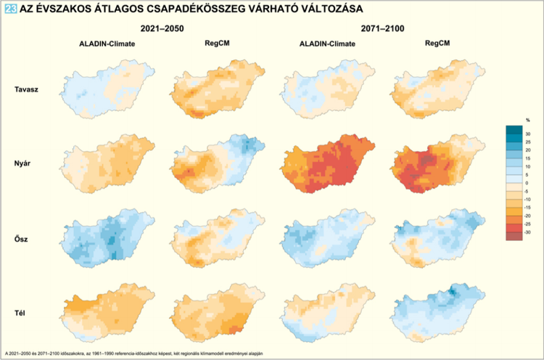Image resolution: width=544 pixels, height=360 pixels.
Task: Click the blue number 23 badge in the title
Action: pos(10,9)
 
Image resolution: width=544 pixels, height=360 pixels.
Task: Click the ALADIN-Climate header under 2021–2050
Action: pos(107,44)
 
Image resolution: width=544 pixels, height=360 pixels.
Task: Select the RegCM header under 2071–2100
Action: pos(435,44)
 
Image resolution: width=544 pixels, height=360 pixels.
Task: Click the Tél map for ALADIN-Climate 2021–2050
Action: pos(109,311)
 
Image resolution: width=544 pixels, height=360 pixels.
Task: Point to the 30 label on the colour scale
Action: pos(528,134)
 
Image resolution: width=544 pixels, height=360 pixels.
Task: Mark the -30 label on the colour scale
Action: pos(528,232)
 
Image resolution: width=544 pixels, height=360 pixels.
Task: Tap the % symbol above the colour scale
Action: pos(527,119)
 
